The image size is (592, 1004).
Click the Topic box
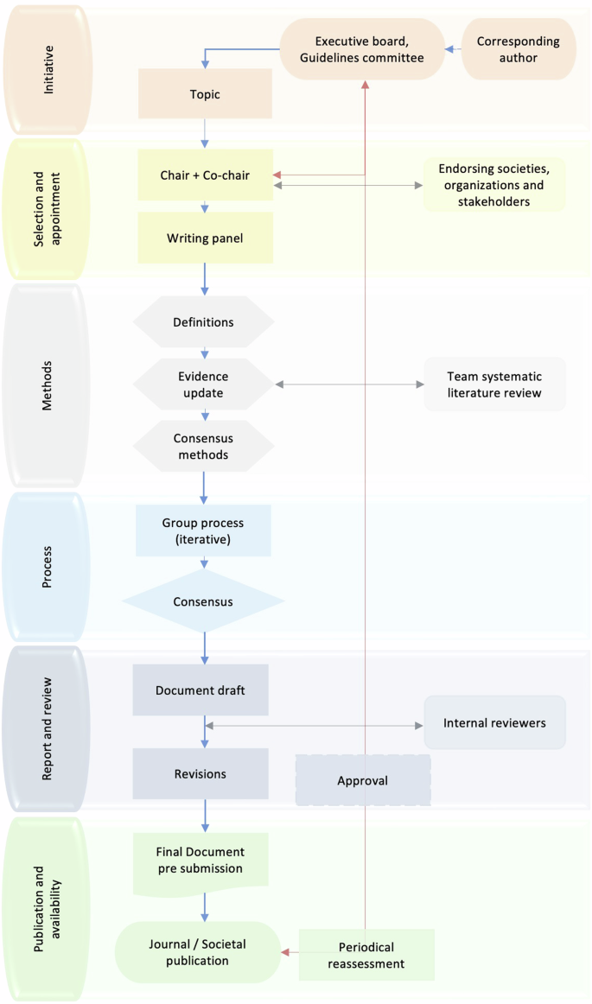(x=205, y=94)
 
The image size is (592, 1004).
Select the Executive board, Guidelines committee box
(x=363, y=49)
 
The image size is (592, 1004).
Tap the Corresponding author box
(x=518, y=49)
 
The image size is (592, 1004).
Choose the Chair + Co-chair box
(x=205, y=175)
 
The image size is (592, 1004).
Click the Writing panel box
(x=205, y=238)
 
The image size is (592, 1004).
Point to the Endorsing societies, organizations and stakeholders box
(x=494, y=185)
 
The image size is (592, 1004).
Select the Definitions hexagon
(x=203, y=322)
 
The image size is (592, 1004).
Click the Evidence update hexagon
(x=203, y=384)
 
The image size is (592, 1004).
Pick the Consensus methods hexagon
(x=203, y=447)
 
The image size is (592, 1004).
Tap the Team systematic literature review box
(x=494, y=384)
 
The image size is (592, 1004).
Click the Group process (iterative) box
(x=203, y=531)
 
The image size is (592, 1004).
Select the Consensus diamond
(x=203, y=601)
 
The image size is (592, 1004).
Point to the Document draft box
(x=201, y=689)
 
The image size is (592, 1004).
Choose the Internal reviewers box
(x=494, y=722)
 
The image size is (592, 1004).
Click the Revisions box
(x=201, y=773)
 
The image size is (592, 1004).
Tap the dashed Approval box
(x=363, y=780)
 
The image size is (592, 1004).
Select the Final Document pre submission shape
(x=201, y=861)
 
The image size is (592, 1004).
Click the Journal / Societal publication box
(x=198, y=952)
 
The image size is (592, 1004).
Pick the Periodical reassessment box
(x=366, y=955)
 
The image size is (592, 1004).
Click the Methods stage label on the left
(x=47, y=385)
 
